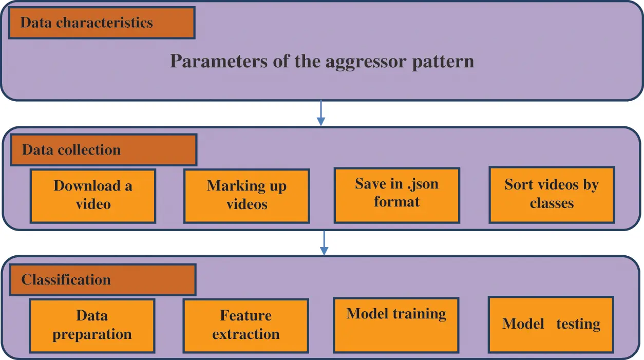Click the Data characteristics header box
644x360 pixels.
[x=102, y=23]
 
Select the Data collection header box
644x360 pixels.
[x=103, y=150]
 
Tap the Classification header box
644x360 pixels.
[x=102, y=280]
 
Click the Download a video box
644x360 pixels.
[x=92, y=196]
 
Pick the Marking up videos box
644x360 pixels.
[x=247, y=196]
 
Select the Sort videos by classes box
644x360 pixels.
[x=552, y=195]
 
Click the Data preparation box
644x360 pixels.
[x=92, y=326]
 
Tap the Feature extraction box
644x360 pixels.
[x=245, y=326]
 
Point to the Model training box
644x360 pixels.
[x=396, y=325]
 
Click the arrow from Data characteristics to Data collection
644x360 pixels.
[x=321, y=113]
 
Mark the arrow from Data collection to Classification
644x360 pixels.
[x=324, y=242]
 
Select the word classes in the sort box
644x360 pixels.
[x=552, y=203]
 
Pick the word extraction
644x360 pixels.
[x=245, y=334]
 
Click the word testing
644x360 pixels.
[x=578, y=324]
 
